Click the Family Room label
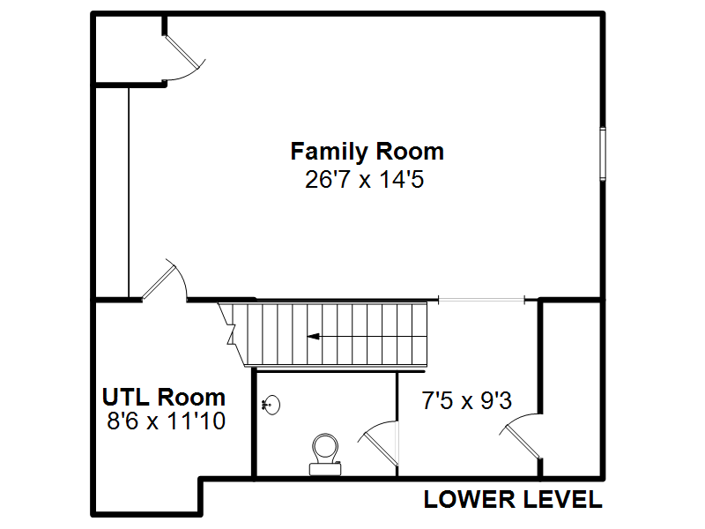pyautogui.click(x=367, y=152)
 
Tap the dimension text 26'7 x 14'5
pyautogui.click(x=364, y=179)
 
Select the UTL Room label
pyautogui.click(x=164, y=398)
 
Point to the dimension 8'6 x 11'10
pyautogui.click(x=166, y=421)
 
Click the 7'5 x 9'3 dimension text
pyautogui.click(x=467, y=400)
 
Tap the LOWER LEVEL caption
pyautogui.click(x=513, y=499)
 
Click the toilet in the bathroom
pyautogui.click(x=325, y=454)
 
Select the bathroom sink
pyautogui.click(x=271, y=405)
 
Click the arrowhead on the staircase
pyautogui.click(x=314, y=336)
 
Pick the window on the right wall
pyautogui.click(x=603, y=153)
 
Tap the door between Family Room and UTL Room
pyautogui.click(x=163, y=279)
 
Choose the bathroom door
pyautogui.click(x=379, y=443)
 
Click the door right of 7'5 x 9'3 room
pyautogui.click(x=522, y=436)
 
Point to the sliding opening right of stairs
pyautogui.click(x=481, y=299)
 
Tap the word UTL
pyautogui.click(x=125, y=398)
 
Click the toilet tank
pyautogui.click(x=325, y=469)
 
